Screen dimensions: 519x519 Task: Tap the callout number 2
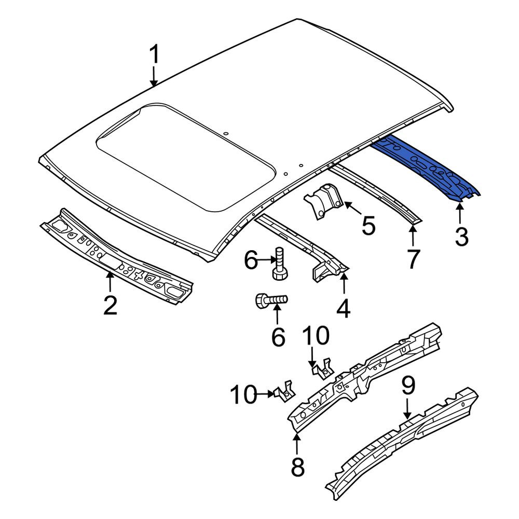[110, 305]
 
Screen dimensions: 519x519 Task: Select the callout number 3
[461, 237]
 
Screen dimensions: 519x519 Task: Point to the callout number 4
[344, 308]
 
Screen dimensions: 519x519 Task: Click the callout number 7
[413, 259]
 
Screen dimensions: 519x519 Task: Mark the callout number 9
[408, 386]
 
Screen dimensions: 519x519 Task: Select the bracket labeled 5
[323, 200]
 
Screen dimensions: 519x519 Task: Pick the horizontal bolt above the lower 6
[271, 300]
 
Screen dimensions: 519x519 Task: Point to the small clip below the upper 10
[322, 369]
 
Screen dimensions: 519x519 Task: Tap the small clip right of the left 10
[284, 391]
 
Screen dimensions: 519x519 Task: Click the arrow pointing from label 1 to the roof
[154, 77]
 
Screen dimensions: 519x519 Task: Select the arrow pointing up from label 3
[459, 214]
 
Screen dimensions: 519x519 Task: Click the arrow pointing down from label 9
[407, 409]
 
